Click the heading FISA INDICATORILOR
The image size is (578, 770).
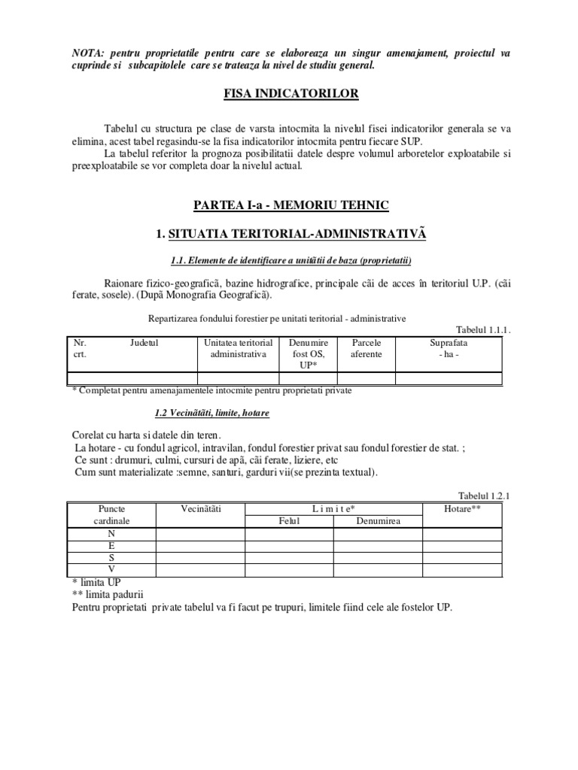click(288, 94)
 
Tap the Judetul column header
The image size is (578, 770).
click(144, 342)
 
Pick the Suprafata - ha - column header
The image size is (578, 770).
click(449, 348)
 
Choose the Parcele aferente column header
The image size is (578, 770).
click(367, 348)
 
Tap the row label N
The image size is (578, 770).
click(111, 533)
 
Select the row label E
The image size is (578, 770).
click(111, 545)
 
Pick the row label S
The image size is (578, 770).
click(111, 557)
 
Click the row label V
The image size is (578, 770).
click(111, 569)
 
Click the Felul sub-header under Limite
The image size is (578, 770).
click(289, 521)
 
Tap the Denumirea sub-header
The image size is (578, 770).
click(378, 521)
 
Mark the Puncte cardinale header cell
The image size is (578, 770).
click(111, 514)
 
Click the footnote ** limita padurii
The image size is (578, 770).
click(106, 594)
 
